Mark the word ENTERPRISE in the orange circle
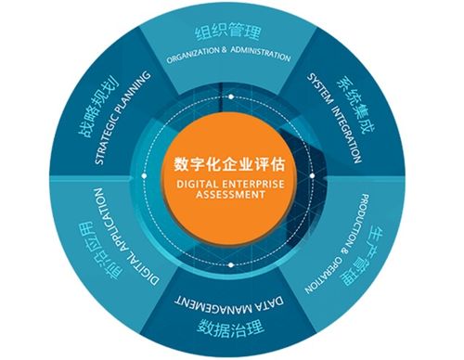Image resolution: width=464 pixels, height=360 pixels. point(242,185)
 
